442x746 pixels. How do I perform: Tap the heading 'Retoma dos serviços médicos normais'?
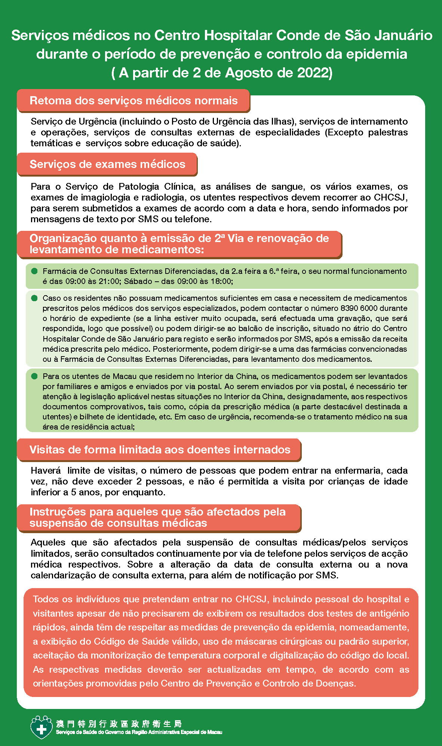133,101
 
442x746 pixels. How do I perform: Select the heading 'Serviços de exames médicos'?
107,164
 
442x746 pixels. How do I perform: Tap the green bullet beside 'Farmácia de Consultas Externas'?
34,271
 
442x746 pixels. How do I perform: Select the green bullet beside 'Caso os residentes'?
34,298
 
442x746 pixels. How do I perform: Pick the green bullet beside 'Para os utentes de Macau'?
34,376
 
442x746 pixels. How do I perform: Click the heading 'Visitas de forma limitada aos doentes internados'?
160,450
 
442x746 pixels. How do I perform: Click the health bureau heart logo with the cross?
41,728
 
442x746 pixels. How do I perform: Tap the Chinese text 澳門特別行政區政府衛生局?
119,724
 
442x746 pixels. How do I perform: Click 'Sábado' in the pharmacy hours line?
136,281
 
